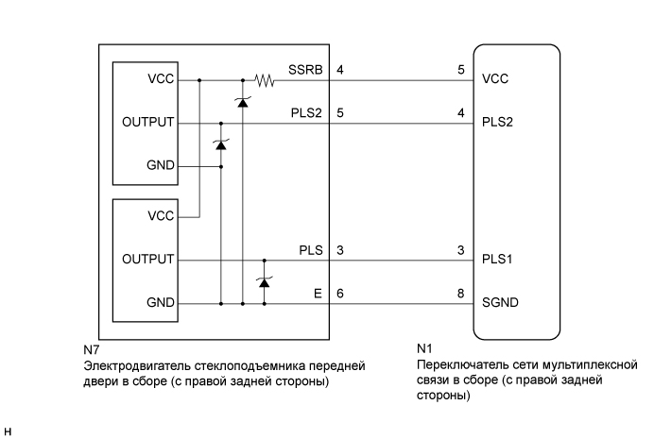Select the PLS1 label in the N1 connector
click(x=500, y=258)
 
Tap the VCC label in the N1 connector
click(x=495, y=80)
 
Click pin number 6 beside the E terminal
click(x=339, y=294)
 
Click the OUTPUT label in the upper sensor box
click(x=148, y=123)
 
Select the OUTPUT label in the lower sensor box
click(x=148, y=259)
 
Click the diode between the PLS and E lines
click(x=264, y=281)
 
